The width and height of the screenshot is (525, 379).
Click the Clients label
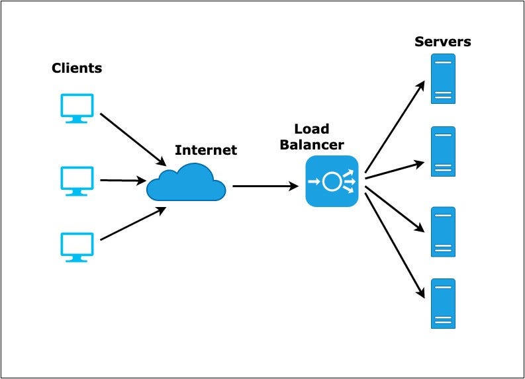pos(77,68)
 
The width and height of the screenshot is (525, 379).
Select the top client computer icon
pos(77,108)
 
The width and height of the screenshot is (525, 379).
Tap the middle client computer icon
pos(77,180)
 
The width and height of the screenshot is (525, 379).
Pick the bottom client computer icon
pos(77,245)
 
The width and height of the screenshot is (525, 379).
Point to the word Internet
pos(205,150)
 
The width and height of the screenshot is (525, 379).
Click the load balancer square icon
pos(332,181)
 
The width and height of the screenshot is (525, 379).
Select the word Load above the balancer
pos(311,129)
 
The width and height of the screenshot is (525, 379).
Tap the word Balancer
pos(312,144)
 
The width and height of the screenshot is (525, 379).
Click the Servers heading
pos(443,42)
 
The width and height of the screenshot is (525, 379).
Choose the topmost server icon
pos(443,79)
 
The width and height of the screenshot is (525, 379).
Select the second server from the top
pos(443,151)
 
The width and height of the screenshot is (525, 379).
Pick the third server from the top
pos(443,232)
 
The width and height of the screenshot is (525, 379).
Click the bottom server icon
pos(443,304)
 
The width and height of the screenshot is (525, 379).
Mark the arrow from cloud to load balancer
pos(265,187)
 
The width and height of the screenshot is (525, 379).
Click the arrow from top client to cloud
pos(132,140)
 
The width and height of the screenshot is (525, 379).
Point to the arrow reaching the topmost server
pos(395,126)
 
